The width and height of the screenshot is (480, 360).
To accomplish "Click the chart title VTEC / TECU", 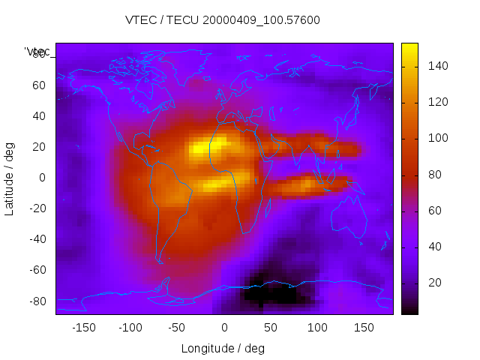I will click(x=223, y=20).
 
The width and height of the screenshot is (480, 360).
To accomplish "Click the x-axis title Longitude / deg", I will click(x=223, y=348).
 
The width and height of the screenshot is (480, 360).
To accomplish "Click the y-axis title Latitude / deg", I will click(x=10, y=177).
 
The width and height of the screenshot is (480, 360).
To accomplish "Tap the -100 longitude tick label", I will click(x=130, y=328).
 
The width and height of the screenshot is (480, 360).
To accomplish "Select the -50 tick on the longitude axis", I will click(x=177, y=328).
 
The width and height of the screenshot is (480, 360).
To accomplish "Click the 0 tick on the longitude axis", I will click(x=224, y=328).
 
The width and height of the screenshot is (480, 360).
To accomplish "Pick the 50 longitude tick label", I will click(x=271, y=328).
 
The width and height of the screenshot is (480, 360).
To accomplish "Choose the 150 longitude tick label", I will click(x=364, y=328).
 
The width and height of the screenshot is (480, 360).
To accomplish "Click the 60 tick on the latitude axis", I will click(x=39, y=85).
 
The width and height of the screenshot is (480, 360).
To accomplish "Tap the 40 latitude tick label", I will click(x=39, y=115).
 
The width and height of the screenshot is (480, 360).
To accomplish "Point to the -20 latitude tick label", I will click(x=37, y=208).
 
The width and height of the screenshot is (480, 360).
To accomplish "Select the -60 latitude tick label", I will click(x=37, y=270).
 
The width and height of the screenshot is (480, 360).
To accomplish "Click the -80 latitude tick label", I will click(x=37, y=301).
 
